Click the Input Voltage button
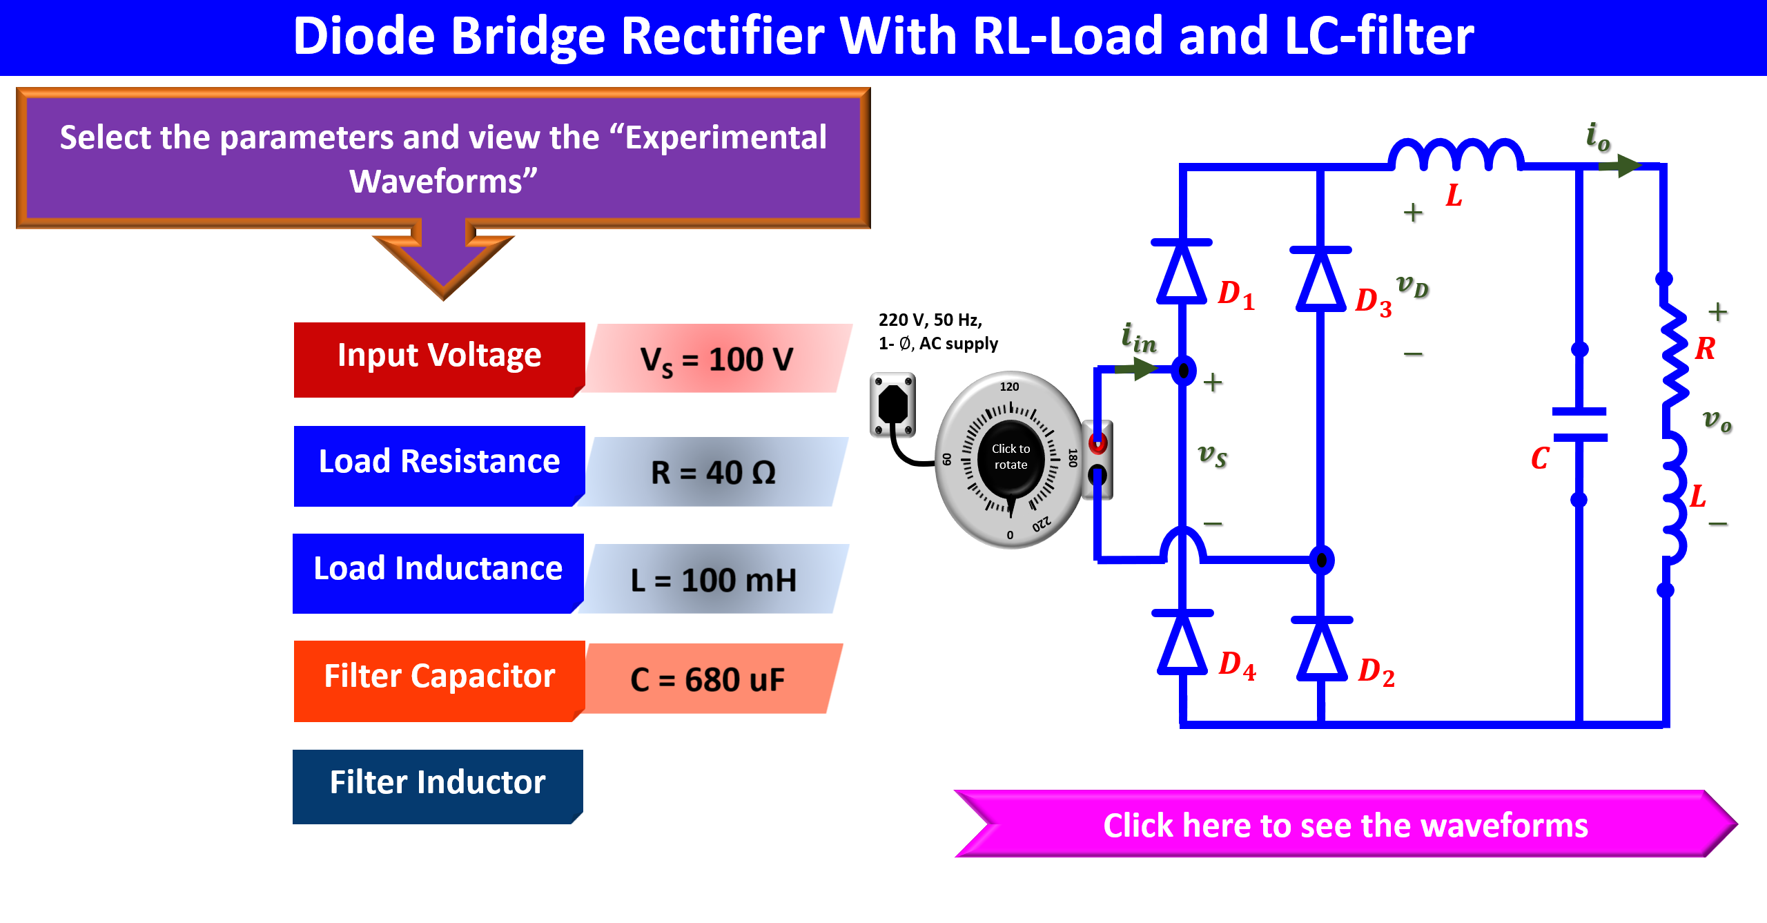click(x=439, y=359)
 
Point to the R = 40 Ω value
click(x=714, y=472)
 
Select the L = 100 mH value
click(x=714, y=579)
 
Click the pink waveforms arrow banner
click(x=1346, y=824)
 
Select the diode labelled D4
click(x=1182, y=642)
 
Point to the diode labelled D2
click(x=1322, y=650)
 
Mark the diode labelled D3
click(x=1321, y=279)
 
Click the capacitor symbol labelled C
click(x=1579, y=425)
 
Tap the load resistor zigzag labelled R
click(x=1674, y=356)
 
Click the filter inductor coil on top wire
click(x=1456, y=155)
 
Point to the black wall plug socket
click(x=893, y=405)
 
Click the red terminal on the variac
click(x=1097, y=443)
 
